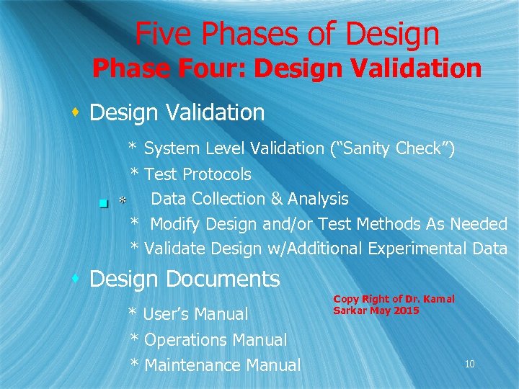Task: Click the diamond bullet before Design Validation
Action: click(75, 112)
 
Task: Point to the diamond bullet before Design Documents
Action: click(75, 277)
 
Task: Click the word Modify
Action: click(175, 224)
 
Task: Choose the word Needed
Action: click(479, 224)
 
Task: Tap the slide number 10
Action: click(470, 365)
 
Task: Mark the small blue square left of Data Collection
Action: click(104, 204)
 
